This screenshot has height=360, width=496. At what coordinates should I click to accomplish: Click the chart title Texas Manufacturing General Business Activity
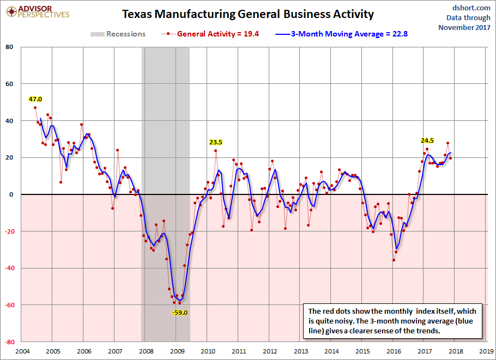click(248, 14)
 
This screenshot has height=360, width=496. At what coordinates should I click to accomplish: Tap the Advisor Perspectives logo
click(37, 11)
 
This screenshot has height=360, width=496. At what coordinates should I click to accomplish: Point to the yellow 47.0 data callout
click(35, 99)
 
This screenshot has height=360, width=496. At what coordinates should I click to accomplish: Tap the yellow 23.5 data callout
click(216, 142)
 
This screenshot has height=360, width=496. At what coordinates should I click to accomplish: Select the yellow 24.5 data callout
click(427, 141)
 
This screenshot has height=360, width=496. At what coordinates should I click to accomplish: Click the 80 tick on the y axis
click(9, 47)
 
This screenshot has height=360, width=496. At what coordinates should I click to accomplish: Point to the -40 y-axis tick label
click(8, 268)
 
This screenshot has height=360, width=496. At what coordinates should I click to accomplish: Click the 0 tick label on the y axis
click(11, 194)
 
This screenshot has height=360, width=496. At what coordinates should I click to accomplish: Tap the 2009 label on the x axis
click(177, 351)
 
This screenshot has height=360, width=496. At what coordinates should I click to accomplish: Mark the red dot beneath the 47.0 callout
click(35, 107)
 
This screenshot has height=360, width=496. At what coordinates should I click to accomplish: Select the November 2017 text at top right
click(464, 27)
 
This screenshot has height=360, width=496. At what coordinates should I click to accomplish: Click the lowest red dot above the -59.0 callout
click(179, 303)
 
